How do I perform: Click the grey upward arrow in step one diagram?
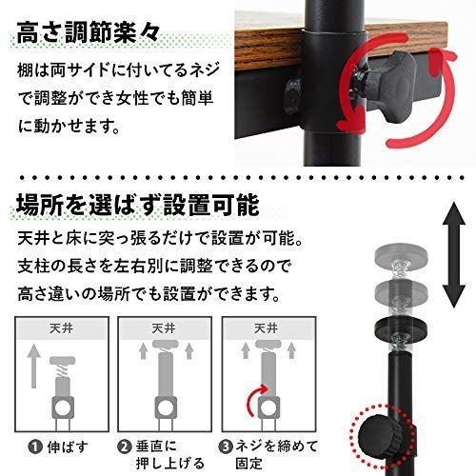(34, 367)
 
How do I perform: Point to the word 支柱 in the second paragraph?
(30, 265)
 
